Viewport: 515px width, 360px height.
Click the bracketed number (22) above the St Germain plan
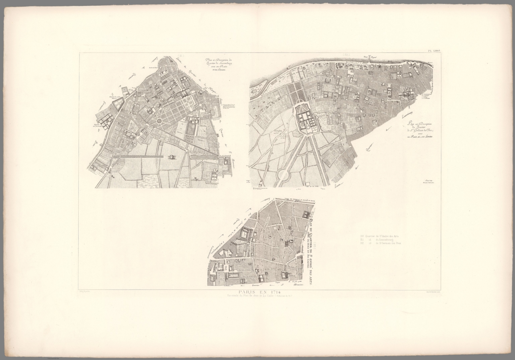coord(345,55)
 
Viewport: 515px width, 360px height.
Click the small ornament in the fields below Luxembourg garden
coord(171,157)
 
